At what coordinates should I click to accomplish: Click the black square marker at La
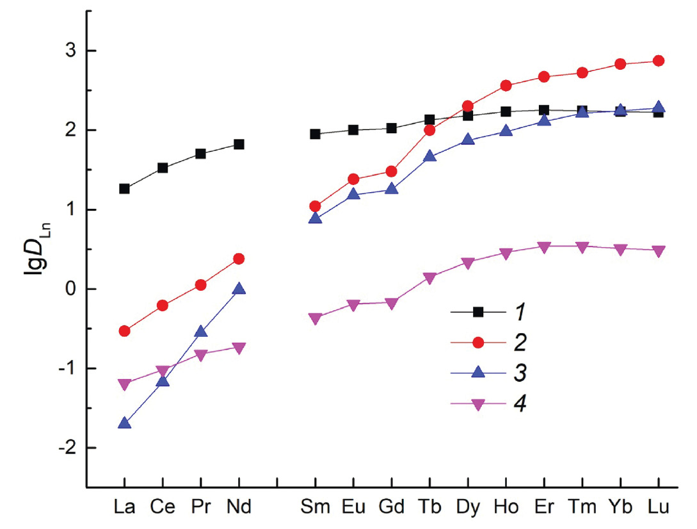pos(124,189)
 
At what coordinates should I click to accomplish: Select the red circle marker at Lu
pos(659,61)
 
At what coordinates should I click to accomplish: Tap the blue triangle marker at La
pos(124,423)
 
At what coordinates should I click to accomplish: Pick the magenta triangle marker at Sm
pos(315,318)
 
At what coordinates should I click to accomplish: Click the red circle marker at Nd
pos(239,259)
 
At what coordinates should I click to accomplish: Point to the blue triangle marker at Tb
pos(429,157)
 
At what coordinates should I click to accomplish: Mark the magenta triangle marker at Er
pos(544,247)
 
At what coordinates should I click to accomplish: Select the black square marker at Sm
pos(315,134)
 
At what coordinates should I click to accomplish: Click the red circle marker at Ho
pos(506,86)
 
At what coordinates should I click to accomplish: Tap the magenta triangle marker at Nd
pos(239,348)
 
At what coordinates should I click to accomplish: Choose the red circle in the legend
pos(477,343)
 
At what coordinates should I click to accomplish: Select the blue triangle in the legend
pos(477,373)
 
